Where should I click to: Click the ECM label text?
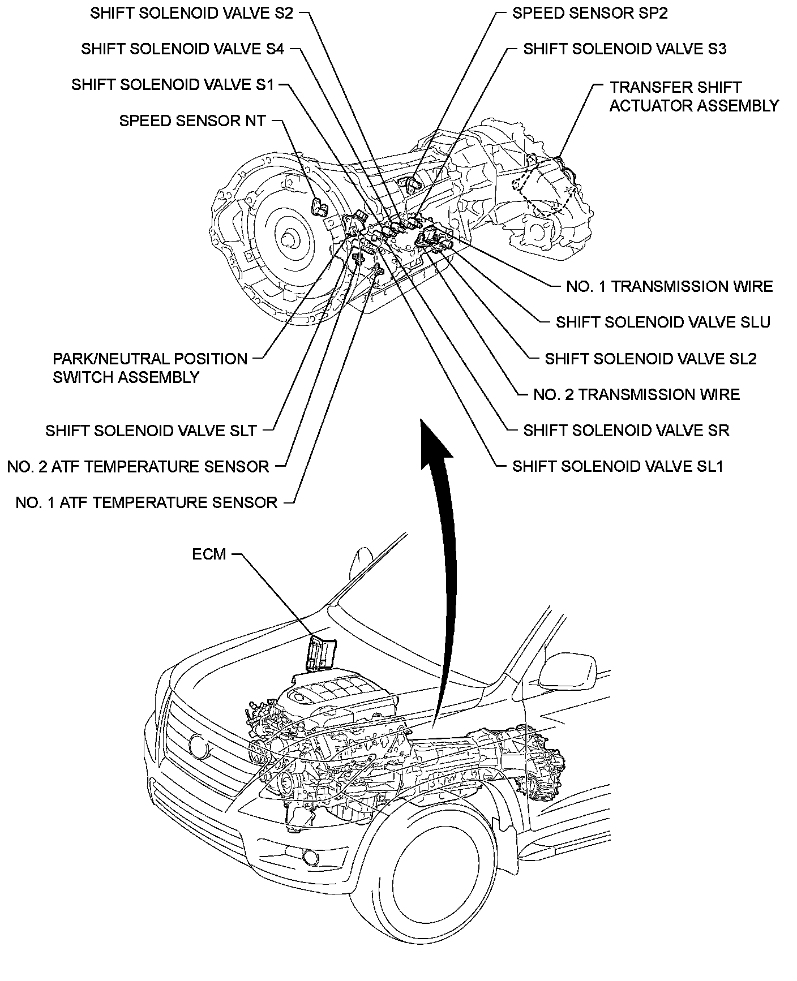click(209, 554)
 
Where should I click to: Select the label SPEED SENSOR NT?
click(192, 121)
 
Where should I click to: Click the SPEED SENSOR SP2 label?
click(590, 13)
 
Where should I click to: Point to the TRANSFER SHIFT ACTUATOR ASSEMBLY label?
click(694, 96)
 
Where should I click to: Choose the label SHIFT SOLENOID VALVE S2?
click(192, 13)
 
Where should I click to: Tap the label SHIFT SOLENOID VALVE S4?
click(182, 49)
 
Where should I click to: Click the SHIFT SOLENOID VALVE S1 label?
click(173, 85)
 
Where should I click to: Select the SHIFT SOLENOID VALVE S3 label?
click(625, 49)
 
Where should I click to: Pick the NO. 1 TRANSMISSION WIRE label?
click(670, 286)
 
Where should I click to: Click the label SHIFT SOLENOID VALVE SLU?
click(663, 322)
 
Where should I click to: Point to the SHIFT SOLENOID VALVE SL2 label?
click(651, 359)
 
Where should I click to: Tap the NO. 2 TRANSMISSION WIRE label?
click(637, 394)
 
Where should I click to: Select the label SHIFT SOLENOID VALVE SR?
click(627, 431)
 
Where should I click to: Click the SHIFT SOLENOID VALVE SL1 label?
click(618, 466)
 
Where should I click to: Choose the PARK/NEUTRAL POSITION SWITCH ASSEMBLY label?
click(150, 368)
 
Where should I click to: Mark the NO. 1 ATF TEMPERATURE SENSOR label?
click(147, 502)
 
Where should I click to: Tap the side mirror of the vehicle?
click(568, 670)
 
